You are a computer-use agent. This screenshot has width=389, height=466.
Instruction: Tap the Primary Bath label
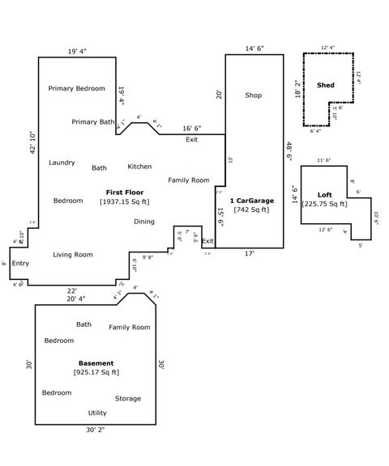[93, 122]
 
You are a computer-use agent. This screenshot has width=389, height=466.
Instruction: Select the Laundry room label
[62, 163]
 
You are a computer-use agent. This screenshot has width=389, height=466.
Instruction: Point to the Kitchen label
[139, 167]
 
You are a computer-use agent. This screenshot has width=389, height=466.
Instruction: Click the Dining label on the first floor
[144, 222]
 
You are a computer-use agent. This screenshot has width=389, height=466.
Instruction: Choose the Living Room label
[73, 255]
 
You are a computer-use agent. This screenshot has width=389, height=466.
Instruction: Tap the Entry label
[20, 263]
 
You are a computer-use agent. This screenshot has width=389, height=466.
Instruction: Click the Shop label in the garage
[254, 95]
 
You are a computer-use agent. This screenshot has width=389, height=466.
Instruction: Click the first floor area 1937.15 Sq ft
[124, 201]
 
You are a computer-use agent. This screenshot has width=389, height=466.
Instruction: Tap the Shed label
[326, 85]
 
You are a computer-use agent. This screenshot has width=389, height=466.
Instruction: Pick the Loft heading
[324, 195]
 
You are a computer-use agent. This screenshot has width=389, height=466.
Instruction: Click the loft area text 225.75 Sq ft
[324, 205]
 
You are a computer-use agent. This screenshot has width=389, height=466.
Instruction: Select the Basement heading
[96, 363]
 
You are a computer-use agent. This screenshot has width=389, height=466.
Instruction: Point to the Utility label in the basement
[97, 413]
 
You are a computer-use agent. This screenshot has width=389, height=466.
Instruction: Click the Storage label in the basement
[127, 398]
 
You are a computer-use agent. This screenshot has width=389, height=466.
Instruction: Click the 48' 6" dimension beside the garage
[289, 151]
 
